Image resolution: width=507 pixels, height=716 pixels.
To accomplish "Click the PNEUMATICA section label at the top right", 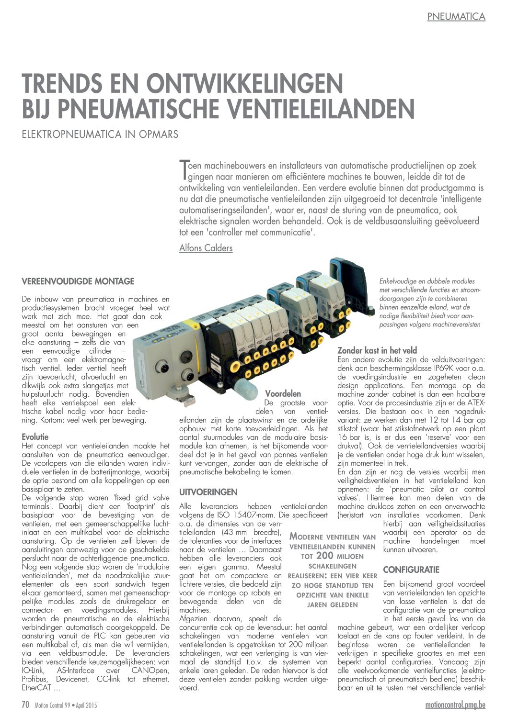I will click(x=456, y=17).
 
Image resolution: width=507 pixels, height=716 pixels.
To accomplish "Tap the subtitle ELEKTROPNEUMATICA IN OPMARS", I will click(x=100, y=134).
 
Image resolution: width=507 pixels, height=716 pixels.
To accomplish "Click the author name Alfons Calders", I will click(x=206, y=248).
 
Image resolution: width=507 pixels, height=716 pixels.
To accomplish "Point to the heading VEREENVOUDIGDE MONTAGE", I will click(x=78, y=281).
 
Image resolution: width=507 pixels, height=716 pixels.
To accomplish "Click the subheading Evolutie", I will click(x=35, y=436).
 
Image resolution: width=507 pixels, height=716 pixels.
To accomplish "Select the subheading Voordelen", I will click(x=283, y=394).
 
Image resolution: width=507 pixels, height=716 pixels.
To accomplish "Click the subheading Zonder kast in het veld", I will click(x=377, y=350).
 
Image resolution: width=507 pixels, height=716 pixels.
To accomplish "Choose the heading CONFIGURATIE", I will click(x=411, y=570).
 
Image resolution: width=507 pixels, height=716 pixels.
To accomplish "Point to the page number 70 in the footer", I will click(x=26, y=705).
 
